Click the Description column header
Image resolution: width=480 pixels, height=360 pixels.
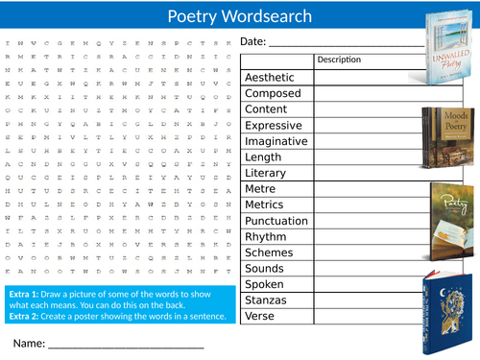[339, 60]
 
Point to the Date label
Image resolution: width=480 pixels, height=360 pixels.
[252, 42]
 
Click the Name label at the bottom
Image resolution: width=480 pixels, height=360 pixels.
[29, 343]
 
